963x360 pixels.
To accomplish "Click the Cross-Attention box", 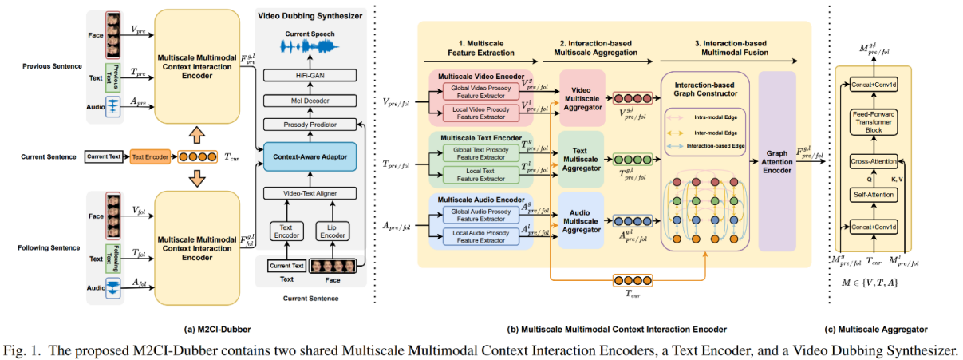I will tap(874, 163).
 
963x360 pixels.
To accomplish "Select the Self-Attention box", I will tap(874, 194).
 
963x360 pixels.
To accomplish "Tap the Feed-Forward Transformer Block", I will tap(874, 121).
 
